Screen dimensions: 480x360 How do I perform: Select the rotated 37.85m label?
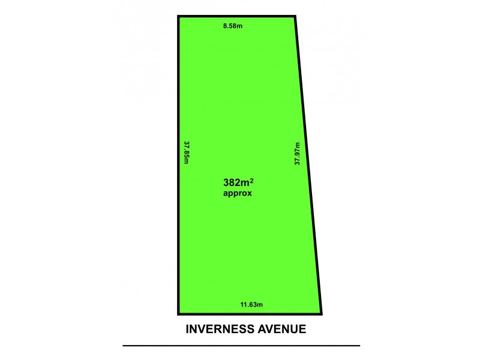click(x=187, y=154)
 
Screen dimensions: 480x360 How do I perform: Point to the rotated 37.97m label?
click(x=297, y=154)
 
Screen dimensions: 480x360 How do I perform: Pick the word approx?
click(x=238, y=194)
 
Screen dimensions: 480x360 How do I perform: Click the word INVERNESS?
click(x=220, y=329)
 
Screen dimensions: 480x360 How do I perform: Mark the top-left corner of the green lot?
click(x=179, y=17)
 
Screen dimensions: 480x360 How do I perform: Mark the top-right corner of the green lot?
click(x=295, y=17)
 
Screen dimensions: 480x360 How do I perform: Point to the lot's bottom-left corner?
click(x=179, y=313)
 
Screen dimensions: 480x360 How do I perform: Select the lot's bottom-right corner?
click(x=322, y=313)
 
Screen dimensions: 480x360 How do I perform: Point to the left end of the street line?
click(x=124, y=346)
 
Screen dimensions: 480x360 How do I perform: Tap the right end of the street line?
click(x=359, y=346)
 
